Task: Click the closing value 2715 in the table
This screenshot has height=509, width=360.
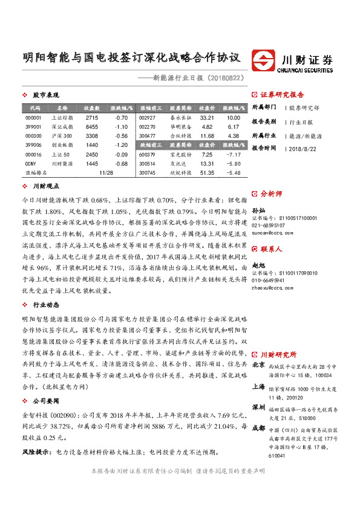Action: tap(91, 117)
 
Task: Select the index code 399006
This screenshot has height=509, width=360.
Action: tap(34, 145)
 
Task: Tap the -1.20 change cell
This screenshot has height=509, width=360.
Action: tap(120, 145)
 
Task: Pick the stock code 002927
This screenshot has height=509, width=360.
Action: tap(147, 117)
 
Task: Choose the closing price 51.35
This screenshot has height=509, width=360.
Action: tap(207, 173)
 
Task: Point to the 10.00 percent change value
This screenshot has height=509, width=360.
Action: tap(233, 117)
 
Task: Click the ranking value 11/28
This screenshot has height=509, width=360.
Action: tap(105, 173)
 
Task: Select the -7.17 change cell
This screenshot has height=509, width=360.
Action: tap(233, 155)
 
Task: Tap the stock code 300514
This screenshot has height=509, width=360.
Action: tap(147, 164)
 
